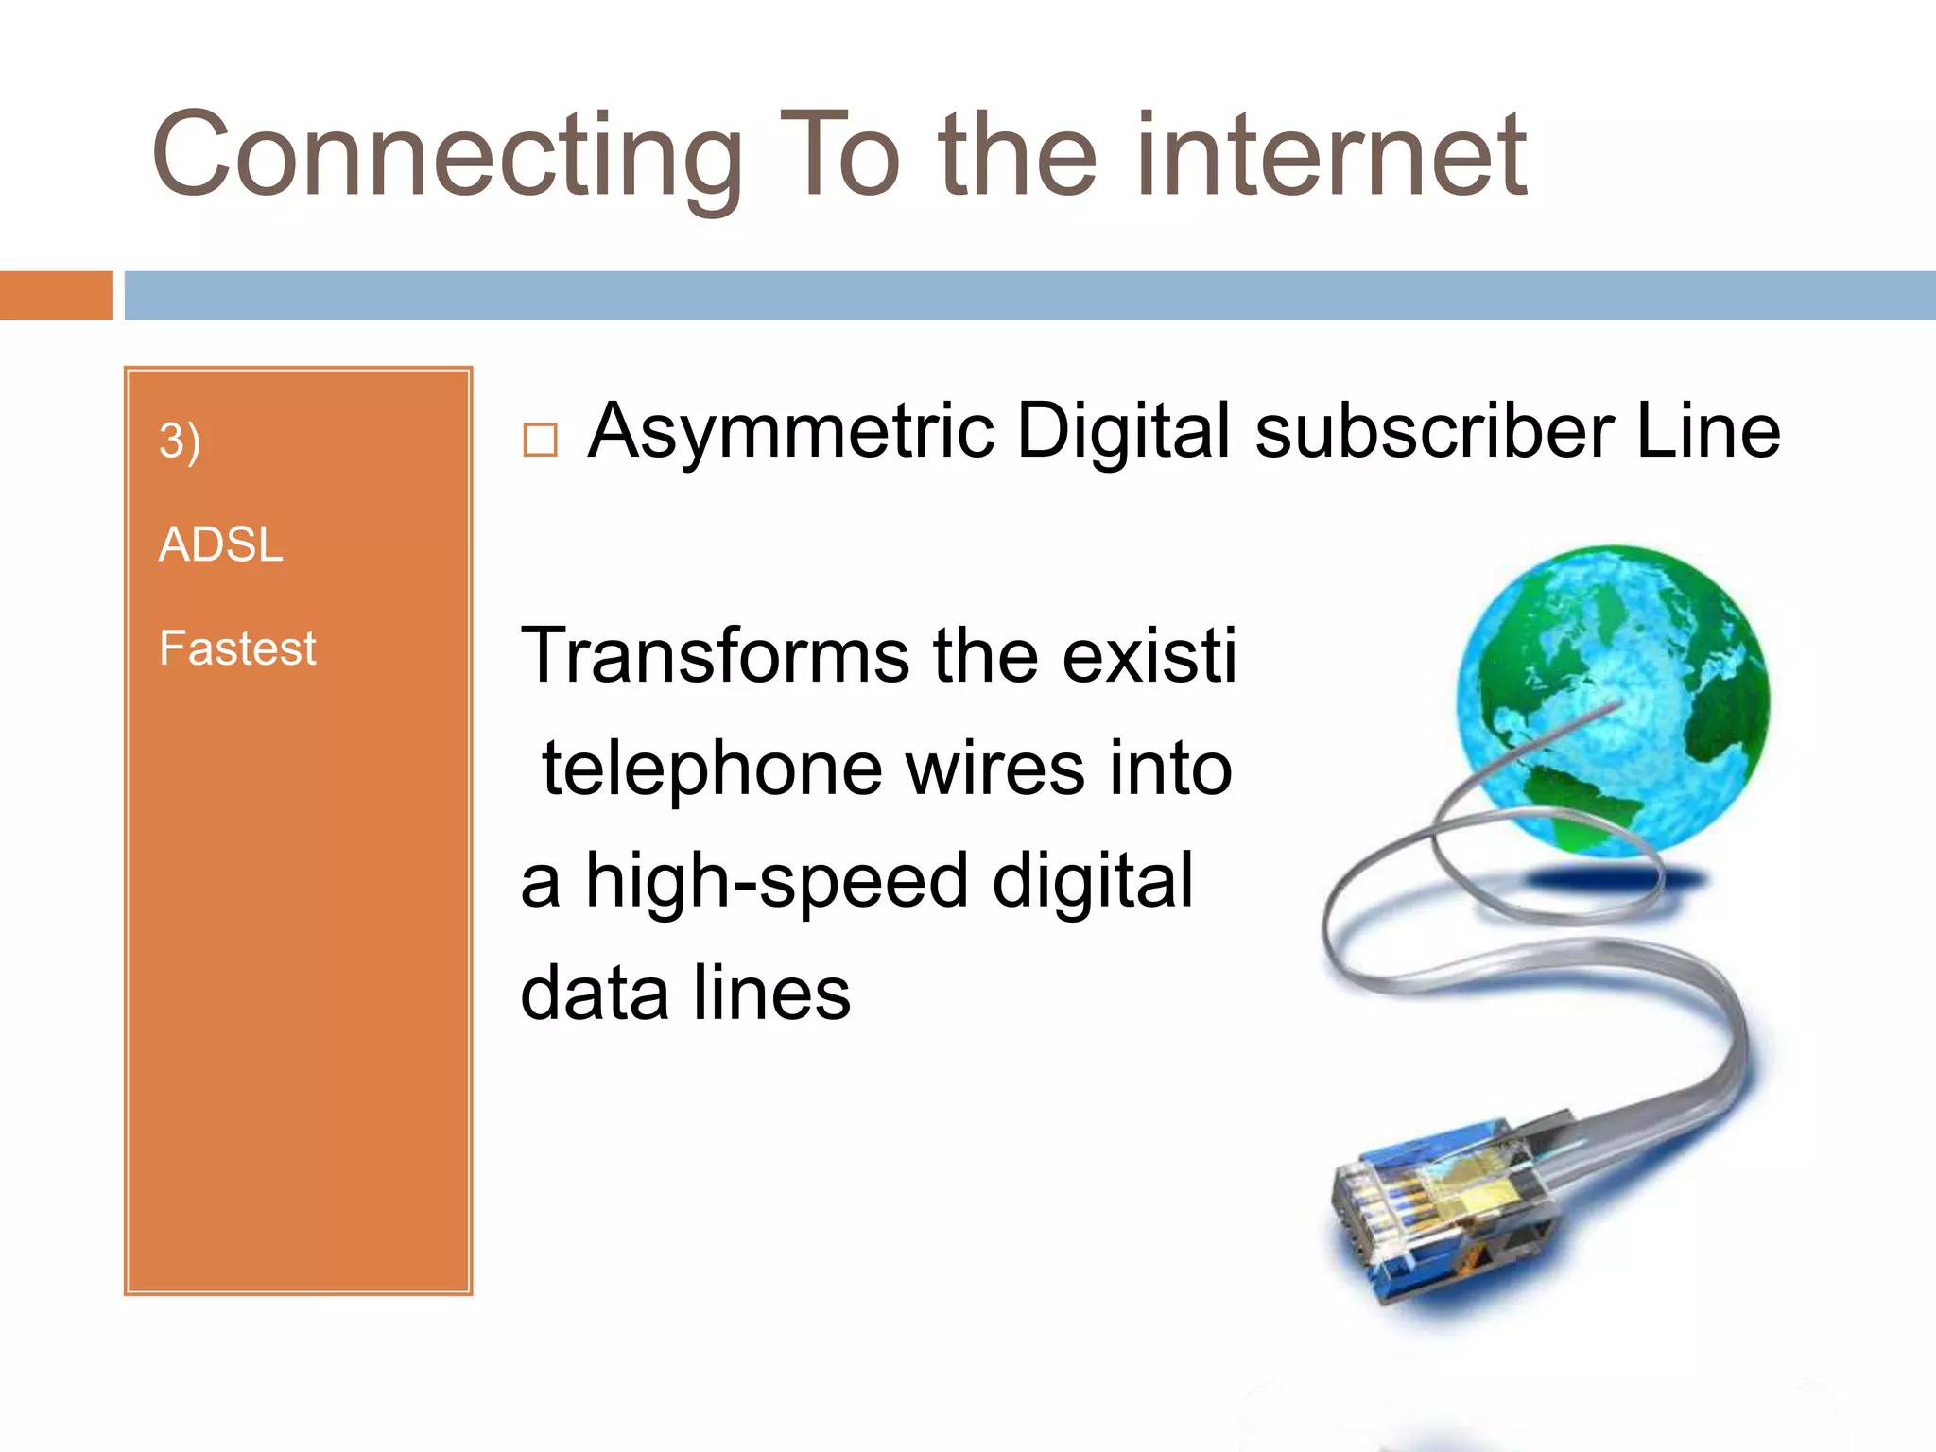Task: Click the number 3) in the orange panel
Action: [180, 441]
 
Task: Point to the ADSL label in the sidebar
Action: [220, 544]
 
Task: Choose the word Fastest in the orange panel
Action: [237, 648]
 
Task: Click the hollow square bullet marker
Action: [540, 440]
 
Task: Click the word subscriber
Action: [1434, 431]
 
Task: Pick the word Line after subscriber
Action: [1707, 431]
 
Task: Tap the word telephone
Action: [712, 769]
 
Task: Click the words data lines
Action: [685, 994]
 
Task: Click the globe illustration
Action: [1613, 700]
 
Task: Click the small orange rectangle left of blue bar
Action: [56, 295]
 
